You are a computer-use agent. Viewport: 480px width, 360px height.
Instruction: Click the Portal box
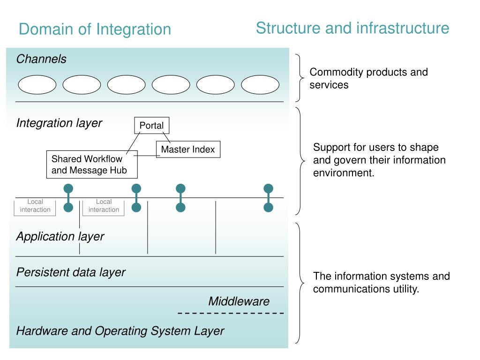pos(151,126)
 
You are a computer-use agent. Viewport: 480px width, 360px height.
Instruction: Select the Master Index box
pos(188,150)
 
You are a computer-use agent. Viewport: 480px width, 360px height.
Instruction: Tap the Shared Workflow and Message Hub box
pos(92,165)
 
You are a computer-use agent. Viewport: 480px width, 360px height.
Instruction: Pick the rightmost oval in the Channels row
pos(260,84)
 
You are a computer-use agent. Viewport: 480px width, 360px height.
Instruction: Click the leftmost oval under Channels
pos(37,84)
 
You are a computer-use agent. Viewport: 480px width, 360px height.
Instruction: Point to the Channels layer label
pos(41,59)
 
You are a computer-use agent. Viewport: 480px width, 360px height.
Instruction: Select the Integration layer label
pos(59,123)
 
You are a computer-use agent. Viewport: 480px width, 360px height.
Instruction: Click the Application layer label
pos(60,237)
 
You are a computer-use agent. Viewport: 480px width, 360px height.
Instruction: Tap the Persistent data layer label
pos(71,272)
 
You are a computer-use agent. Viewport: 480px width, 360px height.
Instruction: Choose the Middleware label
pos(239,301)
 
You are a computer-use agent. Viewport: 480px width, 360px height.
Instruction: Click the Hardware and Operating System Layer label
pos(120,331)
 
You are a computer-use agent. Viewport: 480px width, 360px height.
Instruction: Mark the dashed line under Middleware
pos(231,313)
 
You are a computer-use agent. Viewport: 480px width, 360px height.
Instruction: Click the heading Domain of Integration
pos(95,30)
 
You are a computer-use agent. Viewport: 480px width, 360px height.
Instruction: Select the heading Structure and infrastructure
pos(352,28)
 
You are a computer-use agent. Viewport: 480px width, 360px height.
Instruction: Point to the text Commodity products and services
pos(368,78)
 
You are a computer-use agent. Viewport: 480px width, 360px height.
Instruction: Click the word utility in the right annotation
pos(406,289)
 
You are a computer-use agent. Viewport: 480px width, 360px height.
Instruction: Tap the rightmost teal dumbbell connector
pos(269,198)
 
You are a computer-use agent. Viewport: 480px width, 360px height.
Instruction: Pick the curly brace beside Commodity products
pos(300,78)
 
